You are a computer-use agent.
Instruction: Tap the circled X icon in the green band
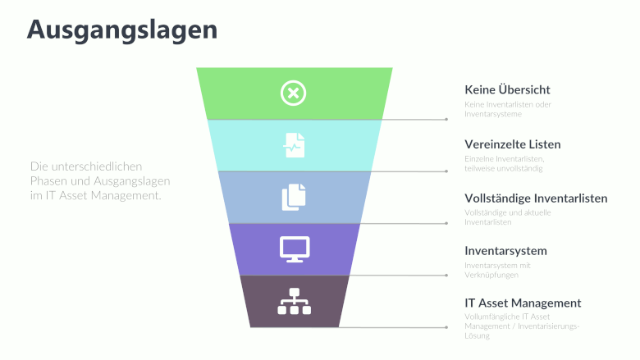293,93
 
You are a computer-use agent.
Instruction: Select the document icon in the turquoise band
294,145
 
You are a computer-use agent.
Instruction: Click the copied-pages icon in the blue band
294,197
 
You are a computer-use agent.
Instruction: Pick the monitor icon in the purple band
294,248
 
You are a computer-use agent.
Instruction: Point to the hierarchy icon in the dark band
294,302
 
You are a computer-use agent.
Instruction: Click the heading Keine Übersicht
507,89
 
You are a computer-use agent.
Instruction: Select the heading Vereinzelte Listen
512,144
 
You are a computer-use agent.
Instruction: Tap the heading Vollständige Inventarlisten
536,198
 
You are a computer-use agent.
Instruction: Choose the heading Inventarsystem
505,251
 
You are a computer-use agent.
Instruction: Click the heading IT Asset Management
523,303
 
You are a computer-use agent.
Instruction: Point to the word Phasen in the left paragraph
50,180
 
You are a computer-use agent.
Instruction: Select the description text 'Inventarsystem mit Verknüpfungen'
497,270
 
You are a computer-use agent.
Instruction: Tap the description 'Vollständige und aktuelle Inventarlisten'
507,217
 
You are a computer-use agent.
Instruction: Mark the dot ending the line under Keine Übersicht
446,119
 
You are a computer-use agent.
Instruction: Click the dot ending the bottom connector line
446,327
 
